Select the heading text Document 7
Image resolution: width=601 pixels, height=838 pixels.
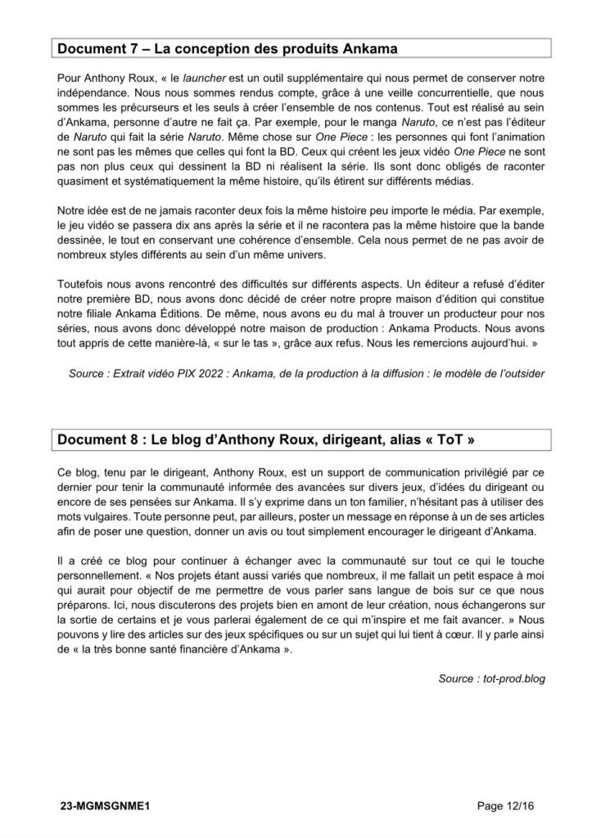pyautogui.click(x=94, y=48)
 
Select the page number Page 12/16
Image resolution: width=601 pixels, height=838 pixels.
pyautogui.click(x=509, y=806)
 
